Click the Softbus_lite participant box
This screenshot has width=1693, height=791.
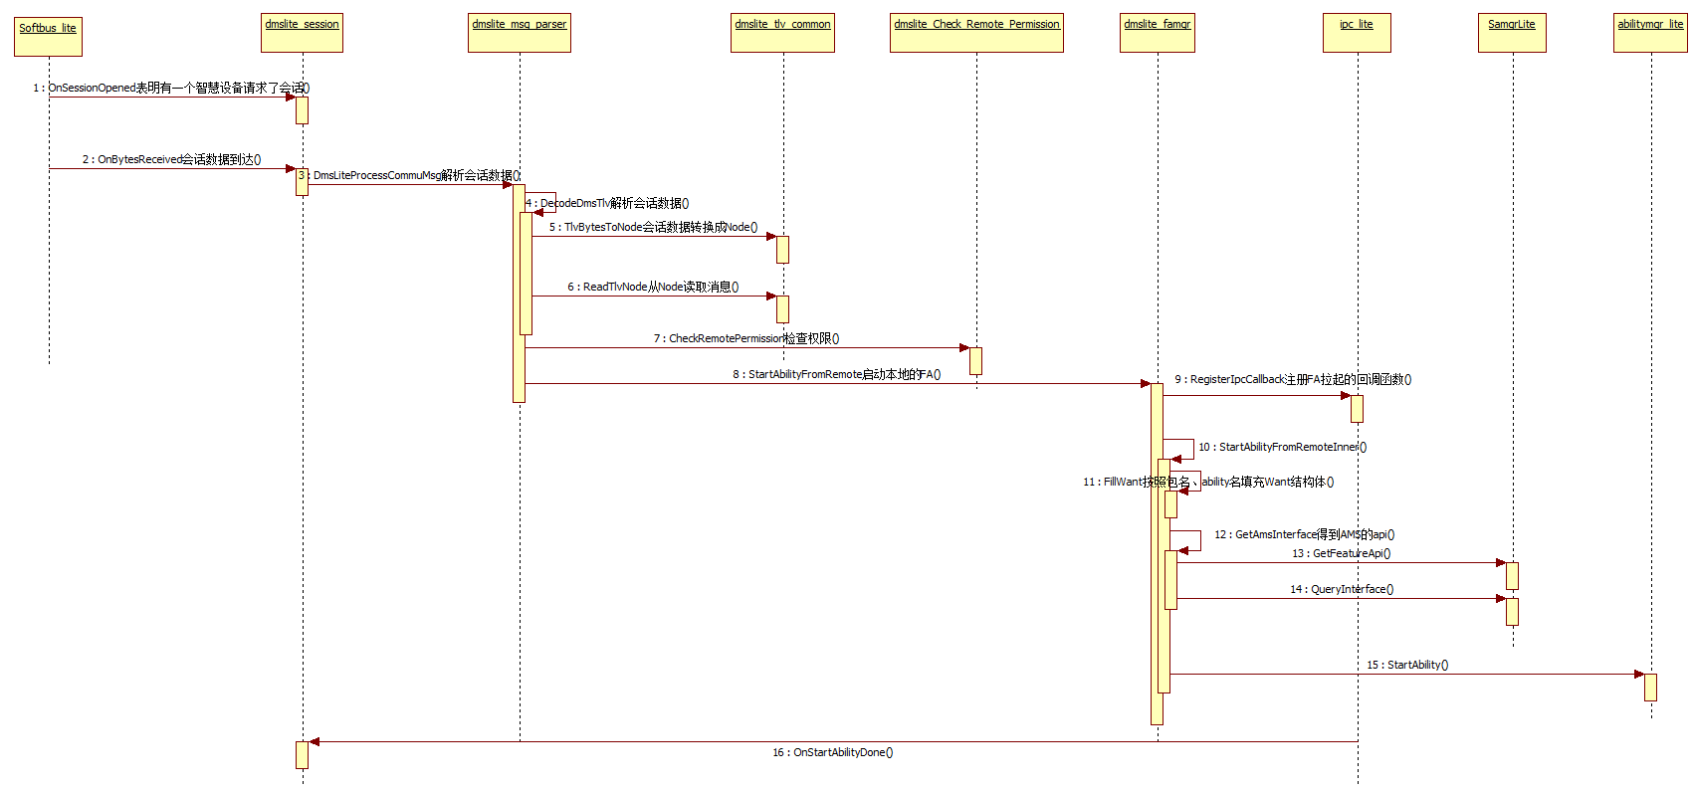pyautogui.click(x=48, y=36)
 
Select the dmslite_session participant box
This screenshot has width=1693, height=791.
pyautogui.click(x=303, y=32)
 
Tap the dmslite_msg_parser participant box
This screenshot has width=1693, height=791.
pyautogui.click(x=520, y=32)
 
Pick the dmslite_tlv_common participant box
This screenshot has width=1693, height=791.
pyautogui.click(x=782, y=32)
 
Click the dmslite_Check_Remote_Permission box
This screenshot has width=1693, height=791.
pyautogui.click(x=976, y=32)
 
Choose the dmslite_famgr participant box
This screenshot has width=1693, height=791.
pyautogui.click(x=1157, y=32)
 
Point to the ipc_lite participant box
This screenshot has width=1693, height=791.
pyautogui.click(x=1357, y=32)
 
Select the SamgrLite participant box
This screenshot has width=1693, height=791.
pyautogui.click(x=1512, y=32)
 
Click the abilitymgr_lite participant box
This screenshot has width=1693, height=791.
pyautogui.click(x=1650, y=32)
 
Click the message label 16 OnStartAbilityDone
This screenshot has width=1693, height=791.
pyautogui.click(x=833, y=753)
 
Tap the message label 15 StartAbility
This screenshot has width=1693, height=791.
pyautogui.click(x=1407, y=665)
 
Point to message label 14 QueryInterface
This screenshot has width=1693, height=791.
pyautogui.click(x=1342, y=589)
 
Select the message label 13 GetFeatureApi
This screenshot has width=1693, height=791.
pyautogui.click(x=1342, y=553)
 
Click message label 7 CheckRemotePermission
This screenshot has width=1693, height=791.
pyautogui.click(x=746, y=338)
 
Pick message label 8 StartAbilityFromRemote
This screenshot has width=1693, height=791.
pyautogui.click(x=837, y=374)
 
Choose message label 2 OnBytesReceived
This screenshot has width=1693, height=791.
pyautogui.click(x=171, y=159)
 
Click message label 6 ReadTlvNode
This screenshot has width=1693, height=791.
pyautogui.click(x=653, y=287)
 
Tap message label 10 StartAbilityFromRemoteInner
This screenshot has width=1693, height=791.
pyautogui.click(x=1282, y=447)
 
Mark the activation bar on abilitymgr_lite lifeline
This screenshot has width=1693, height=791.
pyautogui.click(x=1650, y=688)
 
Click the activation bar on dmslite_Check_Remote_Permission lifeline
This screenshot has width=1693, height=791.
pyautogui.click(x=975, y=361)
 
